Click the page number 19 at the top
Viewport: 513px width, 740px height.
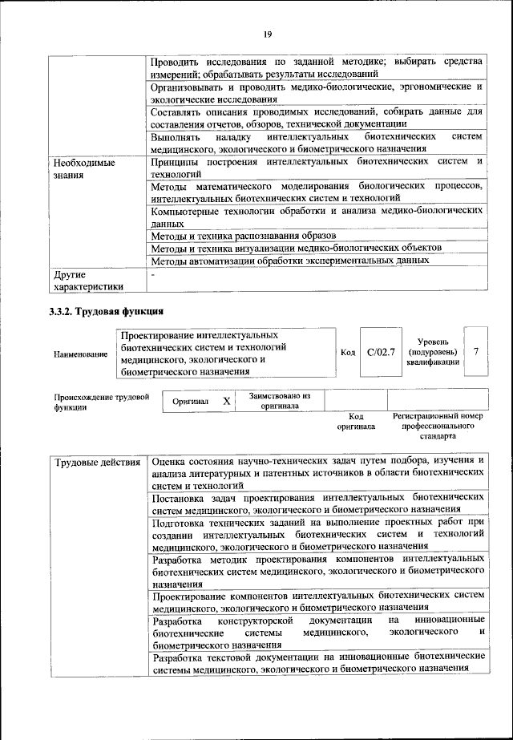(x=268, y=33)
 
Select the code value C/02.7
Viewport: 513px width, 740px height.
(x=381, y=352)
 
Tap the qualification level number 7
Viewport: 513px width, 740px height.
(x=477, y=352)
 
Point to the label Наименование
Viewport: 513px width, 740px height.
(x=80, y=354)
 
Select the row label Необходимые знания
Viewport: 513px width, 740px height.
(x=83, y=168)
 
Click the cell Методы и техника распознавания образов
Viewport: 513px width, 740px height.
(x=243, y=236)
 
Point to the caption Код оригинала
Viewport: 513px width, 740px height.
(x=356, y=422)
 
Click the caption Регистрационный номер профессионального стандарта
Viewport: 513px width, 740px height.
(x=438, y=427)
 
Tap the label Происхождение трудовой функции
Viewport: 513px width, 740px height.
(x=102, y=402)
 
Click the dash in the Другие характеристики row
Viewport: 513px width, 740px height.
(x=153, y=274)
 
